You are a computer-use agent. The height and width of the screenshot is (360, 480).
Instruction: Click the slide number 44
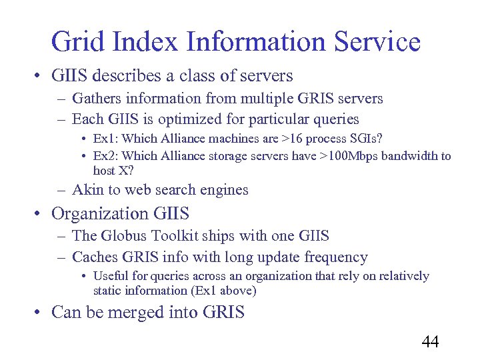431,342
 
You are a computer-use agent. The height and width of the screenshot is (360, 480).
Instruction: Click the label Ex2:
107,156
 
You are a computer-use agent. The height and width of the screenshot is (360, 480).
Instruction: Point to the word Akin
87,190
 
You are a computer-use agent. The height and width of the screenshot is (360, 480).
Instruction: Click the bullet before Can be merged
40,312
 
